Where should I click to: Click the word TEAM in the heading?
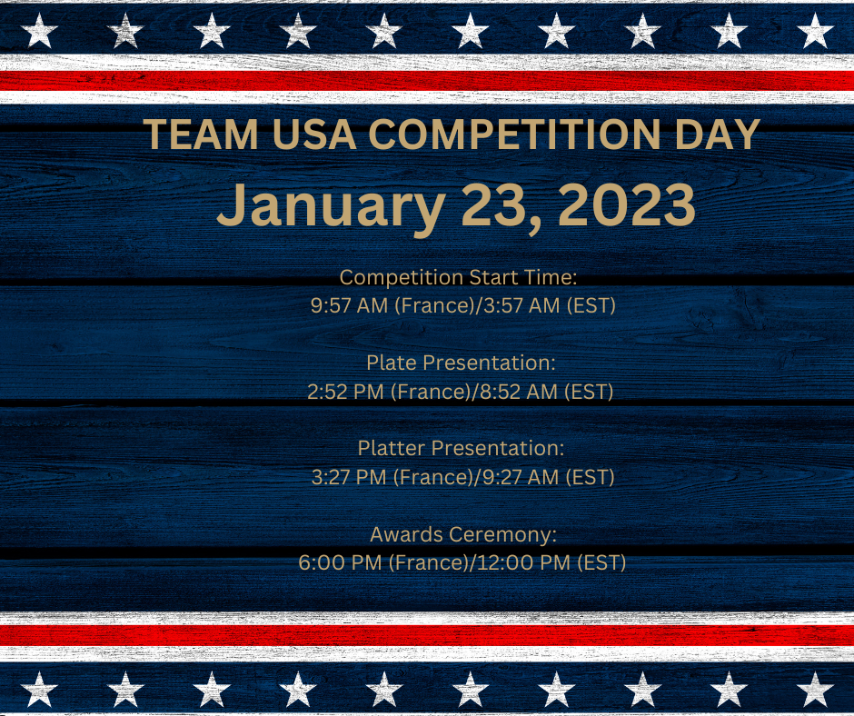[x=201, y=134]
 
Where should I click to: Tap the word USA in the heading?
[x=314, y=134]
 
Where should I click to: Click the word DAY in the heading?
[x=718, y=134]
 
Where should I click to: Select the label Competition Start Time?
[x=458, y=277]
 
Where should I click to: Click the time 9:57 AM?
[x=349, y=305]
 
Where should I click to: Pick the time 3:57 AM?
[x=521, y=305]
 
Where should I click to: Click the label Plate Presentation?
[x=461, y=363]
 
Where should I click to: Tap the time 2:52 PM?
[x=346, y=392]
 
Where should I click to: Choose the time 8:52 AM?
[x=519, y=392]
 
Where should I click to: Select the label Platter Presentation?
[x=461, y=449]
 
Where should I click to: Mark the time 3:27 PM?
[x=349, y=477]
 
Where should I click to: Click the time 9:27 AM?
[x=521, y=477]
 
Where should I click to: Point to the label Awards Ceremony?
[x=463, y=534]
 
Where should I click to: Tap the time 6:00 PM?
[x=340, y=562]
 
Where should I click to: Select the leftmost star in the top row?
[x=39, y=31]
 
